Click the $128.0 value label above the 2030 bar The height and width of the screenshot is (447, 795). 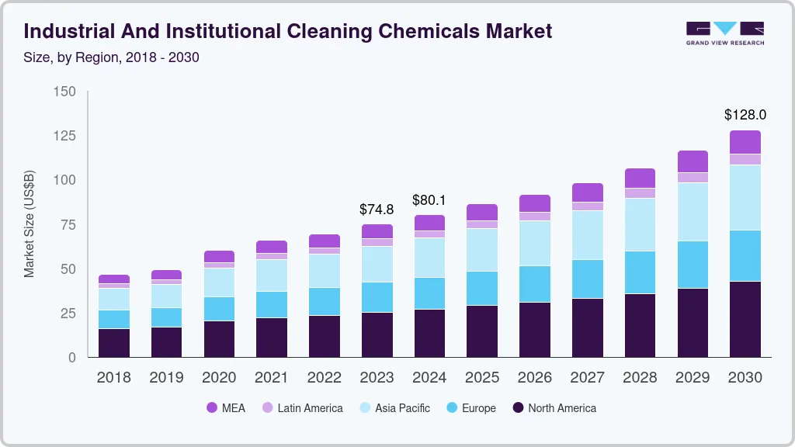745,115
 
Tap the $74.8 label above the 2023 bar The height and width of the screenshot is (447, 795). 377,210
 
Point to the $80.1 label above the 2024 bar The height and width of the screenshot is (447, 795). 429,200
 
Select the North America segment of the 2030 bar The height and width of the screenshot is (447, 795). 745,319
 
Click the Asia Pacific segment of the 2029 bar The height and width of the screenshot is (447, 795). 693,212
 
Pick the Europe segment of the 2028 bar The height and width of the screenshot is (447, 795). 640,272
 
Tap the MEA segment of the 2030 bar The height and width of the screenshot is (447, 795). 745,142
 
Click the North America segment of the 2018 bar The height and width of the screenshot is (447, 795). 114,343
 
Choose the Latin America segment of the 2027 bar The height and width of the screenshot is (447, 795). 587,206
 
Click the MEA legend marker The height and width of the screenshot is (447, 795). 212,408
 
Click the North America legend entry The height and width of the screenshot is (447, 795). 554,408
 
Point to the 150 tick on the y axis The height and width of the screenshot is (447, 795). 65,92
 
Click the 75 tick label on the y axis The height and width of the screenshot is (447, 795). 68,225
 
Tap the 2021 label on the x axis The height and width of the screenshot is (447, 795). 272,378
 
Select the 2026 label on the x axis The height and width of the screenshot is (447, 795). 535,378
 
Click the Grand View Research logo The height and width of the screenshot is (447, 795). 724,33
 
